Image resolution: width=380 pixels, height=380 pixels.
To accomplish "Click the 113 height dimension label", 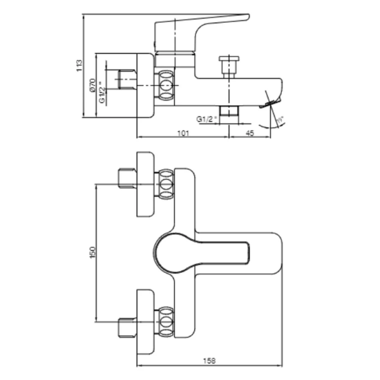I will [81, 66].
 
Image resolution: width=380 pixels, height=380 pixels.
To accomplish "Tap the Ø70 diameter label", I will [92, 86].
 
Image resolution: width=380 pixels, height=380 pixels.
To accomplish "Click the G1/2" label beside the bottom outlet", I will [207, 119].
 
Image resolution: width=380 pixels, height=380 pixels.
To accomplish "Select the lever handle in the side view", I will [200, 28].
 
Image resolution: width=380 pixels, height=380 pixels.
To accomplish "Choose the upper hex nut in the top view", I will [166, 186].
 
